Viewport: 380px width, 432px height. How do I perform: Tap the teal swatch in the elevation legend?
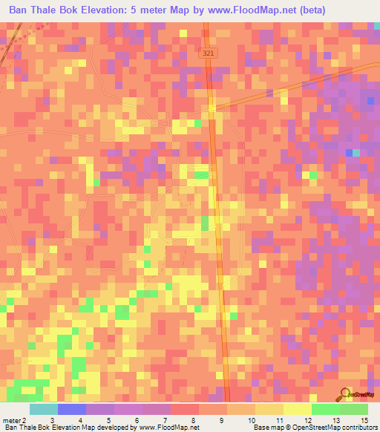pos(43,409)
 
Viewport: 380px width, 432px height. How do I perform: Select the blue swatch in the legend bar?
pos(71,409)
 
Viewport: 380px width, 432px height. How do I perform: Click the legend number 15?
pos(364,420)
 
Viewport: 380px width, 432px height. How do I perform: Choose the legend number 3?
pos(52,420)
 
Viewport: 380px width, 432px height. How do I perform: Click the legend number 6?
pos(137,420)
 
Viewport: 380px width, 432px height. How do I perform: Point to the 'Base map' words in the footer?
pos(268,428)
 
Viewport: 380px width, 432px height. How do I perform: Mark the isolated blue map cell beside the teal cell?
pos(349,152)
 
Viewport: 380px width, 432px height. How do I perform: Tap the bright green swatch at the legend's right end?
pos(354,409)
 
